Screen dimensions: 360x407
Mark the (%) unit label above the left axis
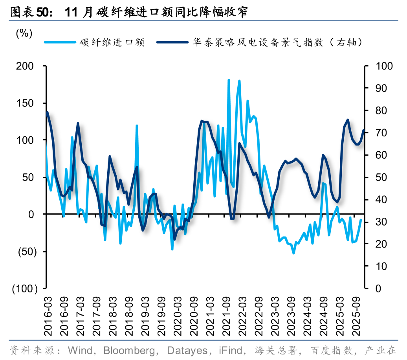pyautogui.click(x=24, y=34)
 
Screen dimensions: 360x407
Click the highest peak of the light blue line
pyautogui.click(x=229, y=80)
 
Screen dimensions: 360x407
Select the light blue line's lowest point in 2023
pyautogui.click(x=293, y=253)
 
